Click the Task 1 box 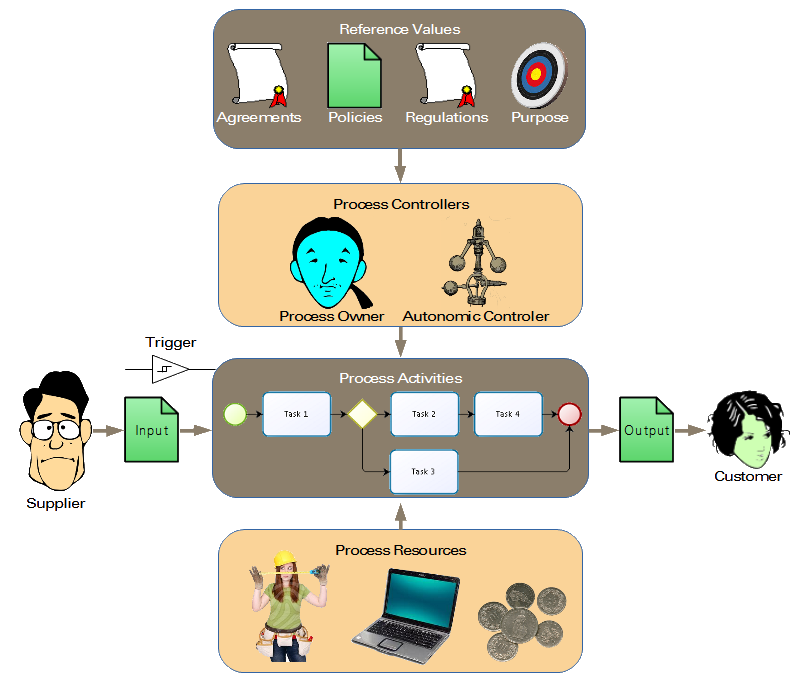click(x=296, y=414)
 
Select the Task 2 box click(x=424, y=414)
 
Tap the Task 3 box click(x=424, y=472)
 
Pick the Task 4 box click(x=507, y=414)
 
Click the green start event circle click(x=236, y=414)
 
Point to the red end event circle click(x=569, y=414)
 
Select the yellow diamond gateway click(x=360, y=414)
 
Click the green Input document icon click(x=151, y=429)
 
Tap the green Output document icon click(x=646, y=429)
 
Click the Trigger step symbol click(x=169, y=369)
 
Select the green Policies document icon click(x=355, y=74)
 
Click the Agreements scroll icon click(x=257, y=74)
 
